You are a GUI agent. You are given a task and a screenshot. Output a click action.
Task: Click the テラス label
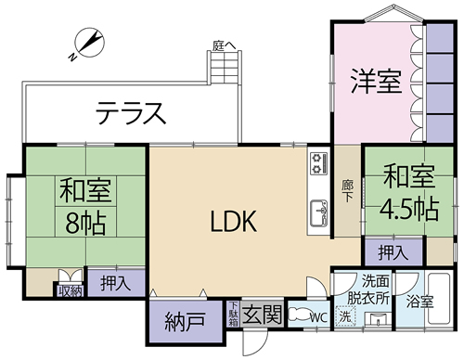click(130, 114)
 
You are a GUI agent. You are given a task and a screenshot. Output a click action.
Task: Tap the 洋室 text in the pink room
click(376, 81)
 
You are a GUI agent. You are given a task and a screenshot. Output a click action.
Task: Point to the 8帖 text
click(86, 223)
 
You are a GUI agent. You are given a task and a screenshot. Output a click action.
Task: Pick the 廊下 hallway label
click(348, 190)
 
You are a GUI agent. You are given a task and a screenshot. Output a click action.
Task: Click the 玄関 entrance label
click(263, 314)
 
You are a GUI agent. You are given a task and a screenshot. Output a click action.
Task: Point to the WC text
click(317, 315)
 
